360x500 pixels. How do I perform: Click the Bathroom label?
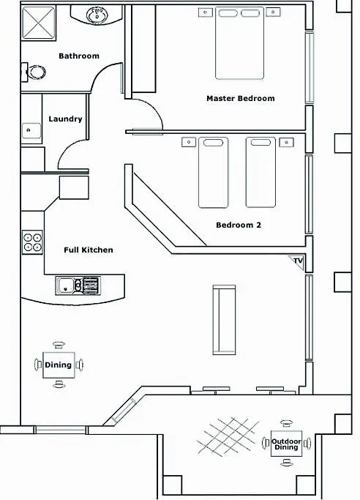coord(79,56)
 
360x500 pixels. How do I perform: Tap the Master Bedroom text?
coord(241,98)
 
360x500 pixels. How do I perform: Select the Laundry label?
coord(65,119)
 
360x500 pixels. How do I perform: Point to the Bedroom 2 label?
coord(239,225)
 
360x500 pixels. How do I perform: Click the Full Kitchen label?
coord(89,250)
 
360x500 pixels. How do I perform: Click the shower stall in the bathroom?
coord(38,23)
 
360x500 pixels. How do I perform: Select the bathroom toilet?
coord(34,72)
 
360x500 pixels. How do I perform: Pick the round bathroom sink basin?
coord(97,15)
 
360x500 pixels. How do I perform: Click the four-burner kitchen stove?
coord(32,242)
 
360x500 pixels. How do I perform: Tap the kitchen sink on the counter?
coord(78,286)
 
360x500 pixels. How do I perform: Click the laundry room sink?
coord(31,130)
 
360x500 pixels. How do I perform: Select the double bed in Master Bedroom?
coord(239,43)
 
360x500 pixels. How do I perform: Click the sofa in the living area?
coord(224,320)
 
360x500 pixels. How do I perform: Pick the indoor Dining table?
coord(59,365)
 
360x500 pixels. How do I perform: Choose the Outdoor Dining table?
coord(286,444)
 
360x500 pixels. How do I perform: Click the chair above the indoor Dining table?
coord(59,344)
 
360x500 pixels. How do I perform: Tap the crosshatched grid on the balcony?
coord(228,436)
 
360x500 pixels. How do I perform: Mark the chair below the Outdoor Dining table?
coord(287,462)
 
